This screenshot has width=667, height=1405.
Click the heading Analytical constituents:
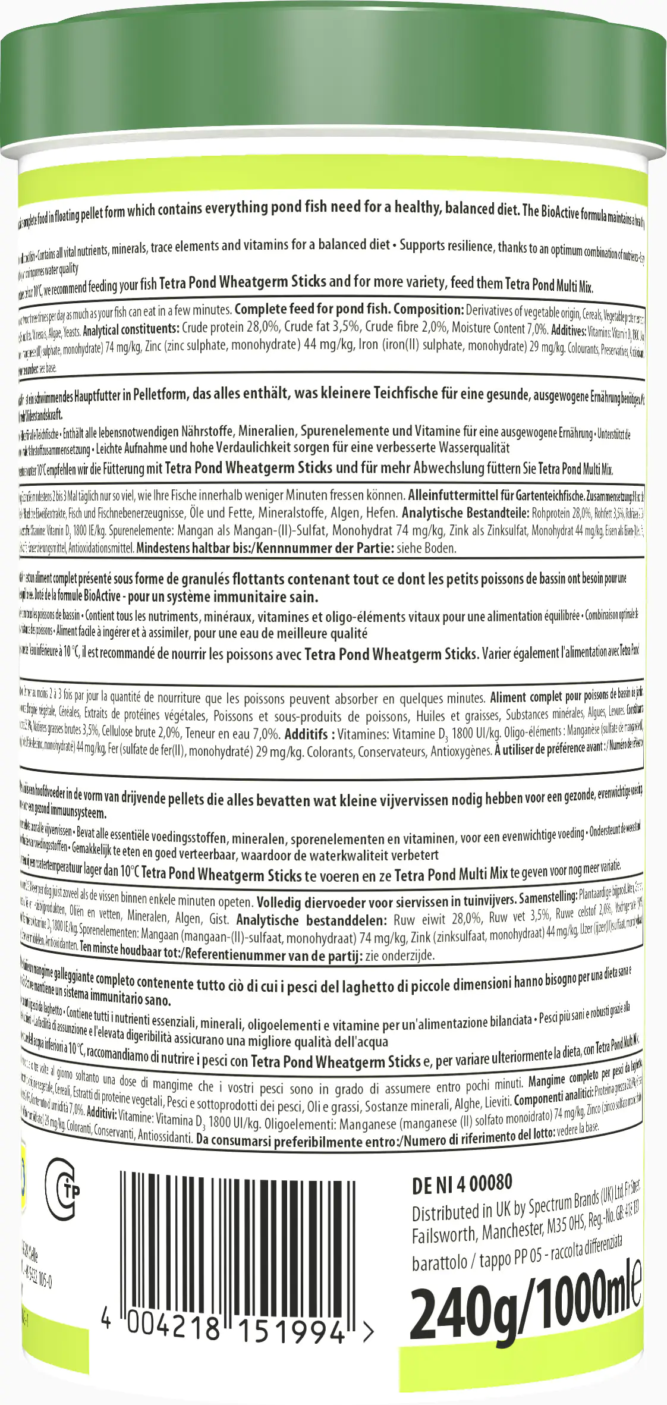[131, 329]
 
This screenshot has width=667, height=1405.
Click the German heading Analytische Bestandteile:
[464, 513]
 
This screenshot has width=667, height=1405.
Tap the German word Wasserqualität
[474, 447]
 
